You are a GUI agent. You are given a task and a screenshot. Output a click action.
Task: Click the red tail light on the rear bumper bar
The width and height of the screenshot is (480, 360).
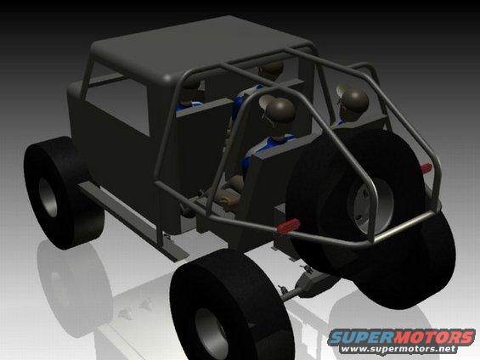pyautogui.click(x=288, y=225)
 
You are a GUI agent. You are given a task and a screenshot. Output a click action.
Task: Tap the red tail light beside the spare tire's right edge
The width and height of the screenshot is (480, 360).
pyautogui.click(x=426, y=168)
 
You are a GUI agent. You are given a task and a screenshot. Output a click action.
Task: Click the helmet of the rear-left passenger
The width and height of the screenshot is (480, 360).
pyautogui.click(x=280, y=110)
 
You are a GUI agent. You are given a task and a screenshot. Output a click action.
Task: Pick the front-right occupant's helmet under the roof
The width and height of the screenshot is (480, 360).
pyautogui.click(x=271, y=69)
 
